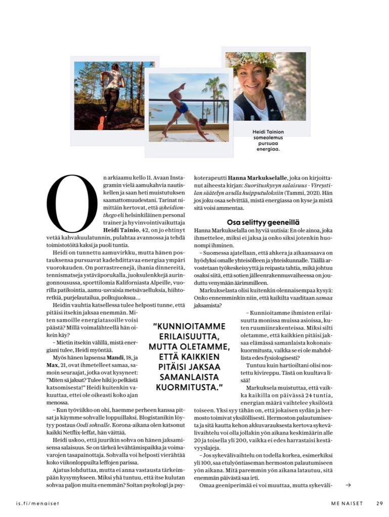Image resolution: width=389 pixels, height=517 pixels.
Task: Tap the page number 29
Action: [x=379, y=502]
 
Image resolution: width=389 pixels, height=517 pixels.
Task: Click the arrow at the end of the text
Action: [x=348, y=486]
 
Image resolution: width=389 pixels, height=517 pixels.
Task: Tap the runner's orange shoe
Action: [x=101, y=122]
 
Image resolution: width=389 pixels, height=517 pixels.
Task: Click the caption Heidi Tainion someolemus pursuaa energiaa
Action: [x=268, y=140]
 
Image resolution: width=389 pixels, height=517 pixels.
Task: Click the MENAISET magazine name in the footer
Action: [x=341, y=502]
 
